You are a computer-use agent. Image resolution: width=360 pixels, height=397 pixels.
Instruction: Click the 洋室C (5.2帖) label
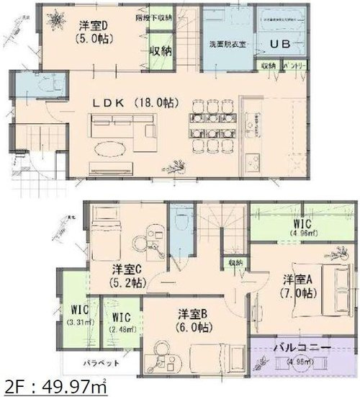(x=127, y=276)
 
